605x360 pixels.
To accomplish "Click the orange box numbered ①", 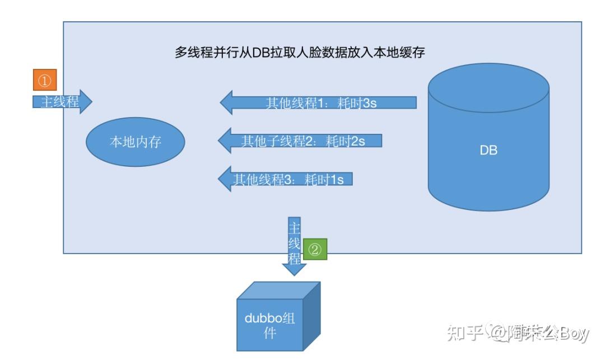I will point(45,81).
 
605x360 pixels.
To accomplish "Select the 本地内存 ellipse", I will point(135,142).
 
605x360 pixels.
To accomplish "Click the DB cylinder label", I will point(488,150).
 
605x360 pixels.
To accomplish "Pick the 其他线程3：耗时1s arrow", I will point(285,179).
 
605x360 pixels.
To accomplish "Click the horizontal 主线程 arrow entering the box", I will point(62,102).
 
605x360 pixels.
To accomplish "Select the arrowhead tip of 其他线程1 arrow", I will point(223,103).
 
